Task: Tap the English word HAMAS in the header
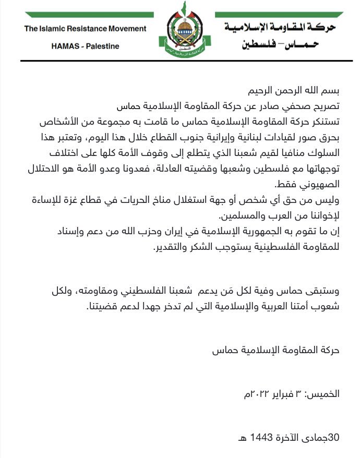(x=65, y=46)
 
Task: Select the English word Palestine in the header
(x=103, y=46)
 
